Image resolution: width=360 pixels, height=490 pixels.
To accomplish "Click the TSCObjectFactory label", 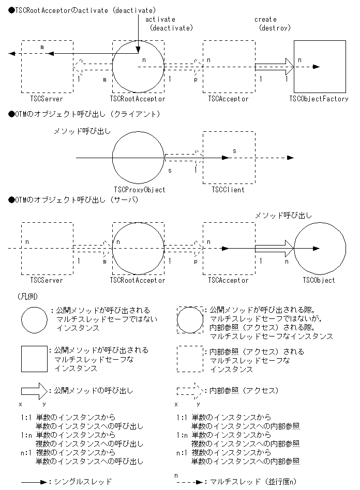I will (x=319, y=99).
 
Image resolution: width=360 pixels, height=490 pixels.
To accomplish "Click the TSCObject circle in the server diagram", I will (x=320, y=248).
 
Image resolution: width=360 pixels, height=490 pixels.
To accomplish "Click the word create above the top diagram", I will (x=265, y=19).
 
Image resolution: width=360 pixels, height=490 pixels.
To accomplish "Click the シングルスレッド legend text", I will (x=83, y=482).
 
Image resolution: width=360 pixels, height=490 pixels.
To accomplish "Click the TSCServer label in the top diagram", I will (x=47, y=99).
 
